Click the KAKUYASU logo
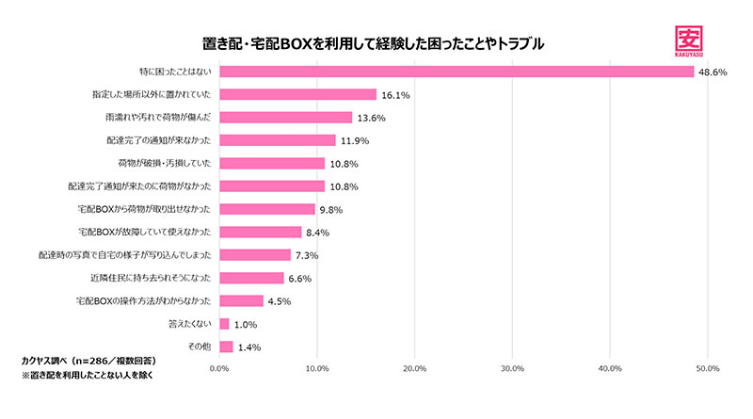697,39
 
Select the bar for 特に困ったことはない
456,72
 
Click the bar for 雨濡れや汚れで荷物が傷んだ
285,118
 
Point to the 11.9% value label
355,140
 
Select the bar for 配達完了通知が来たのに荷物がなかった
272,186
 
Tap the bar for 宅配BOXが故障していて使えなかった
260,232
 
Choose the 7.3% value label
307,255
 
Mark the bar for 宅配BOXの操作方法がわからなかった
241,300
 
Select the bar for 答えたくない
224,324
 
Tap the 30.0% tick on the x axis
511,368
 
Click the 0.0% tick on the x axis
218,368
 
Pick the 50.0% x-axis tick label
706,368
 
